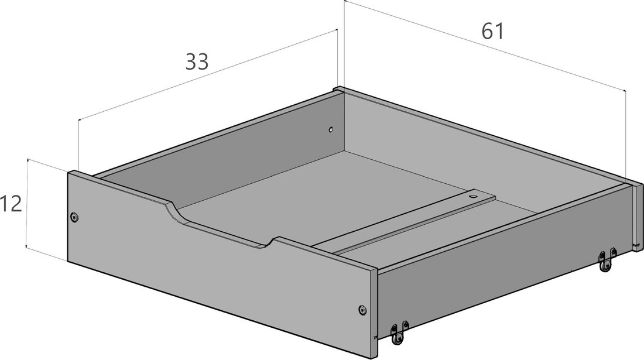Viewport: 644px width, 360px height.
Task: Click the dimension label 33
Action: point(197,61)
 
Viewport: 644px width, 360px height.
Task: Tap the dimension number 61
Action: point(492,31)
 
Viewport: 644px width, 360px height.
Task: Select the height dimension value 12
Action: point(11,204)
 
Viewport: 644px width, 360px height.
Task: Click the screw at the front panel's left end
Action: point(74,217)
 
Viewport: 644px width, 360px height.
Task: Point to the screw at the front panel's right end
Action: point(362,310)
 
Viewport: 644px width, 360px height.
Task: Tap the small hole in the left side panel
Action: point(330,130)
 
